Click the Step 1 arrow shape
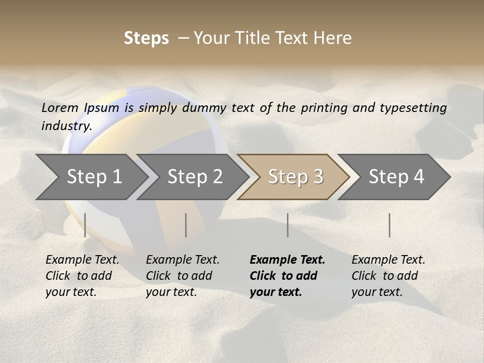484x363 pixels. pyautogui.click(x=93, y=177)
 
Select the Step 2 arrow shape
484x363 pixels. pyautogui.click(x=194, y=177)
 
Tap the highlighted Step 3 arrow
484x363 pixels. pyautogui.click(x=295, y=177)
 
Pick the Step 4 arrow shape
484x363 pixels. pyautogui.click(x=396, y=177)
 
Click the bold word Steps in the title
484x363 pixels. pyautogui.click(x=146, y=38)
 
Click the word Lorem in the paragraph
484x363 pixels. pyautogui.click(x=60, y=107)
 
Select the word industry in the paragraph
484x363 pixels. pyautogui.click(x=66, y=126)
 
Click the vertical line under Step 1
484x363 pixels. pyautogui.click(x=85, y=225)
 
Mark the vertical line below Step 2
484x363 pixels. pyautogui.click(x=186, y=225)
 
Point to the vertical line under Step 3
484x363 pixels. pyautogui.click(x=287, y=225)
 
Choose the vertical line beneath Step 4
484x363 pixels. pyautogui.click(x=389, y=225)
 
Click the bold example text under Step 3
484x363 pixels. pyautogui.click(x=287, y=276)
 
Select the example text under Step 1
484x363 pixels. pyautogui.click(x=82, y=276)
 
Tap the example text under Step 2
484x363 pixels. pyautogui.click(x=182, y=276)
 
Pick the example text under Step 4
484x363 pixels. pyautogui.click(x=388, y=276)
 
